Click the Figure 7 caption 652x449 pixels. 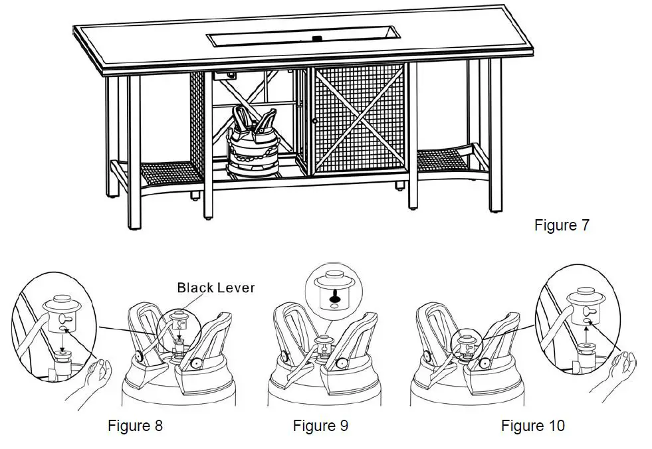click(x=561, y=225)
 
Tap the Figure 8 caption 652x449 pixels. click(x=135, y=426)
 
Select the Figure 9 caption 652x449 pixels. click(x=320, y=426)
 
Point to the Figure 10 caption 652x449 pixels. click(x=532, y=426)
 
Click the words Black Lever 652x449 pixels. click(x=215, y=288)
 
